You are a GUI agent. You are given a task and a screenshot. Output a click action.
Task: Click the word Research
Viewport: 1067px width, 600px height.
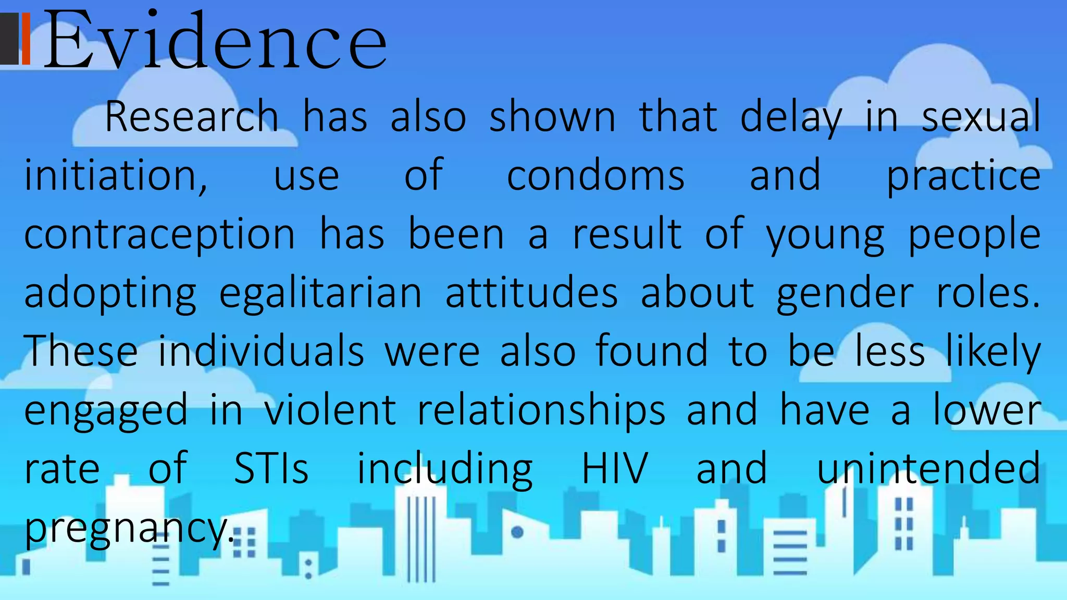coord(192,117)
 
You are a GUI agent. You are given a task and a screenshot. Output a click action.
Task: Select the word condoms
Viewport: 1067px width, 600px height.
coord(595,176)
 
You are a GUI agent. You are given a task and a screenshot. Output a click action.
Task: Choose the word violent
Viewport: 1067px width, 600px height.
coord(330,410)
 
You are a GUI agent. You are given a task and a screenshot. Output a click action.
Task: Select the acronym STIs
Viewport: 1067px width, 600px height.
coord(271,469)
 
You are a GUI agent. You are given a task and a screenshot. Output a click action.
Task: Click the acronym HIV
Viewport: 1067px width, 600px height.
coord(615,469)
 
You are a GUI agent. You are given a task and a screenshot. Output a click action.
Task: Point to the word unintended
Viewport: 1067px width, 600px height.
coord(928,469)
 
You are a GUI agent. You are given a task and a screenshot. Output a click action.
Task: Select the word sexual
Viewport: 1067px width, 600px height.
coord(981,117)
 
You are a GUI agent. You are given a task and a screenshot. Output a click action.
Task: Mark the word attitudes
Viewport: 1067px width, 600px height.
coord(531,293)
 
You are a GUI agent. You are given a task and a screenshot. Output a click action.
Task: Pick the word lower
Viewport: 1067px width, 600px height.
coord(987,410)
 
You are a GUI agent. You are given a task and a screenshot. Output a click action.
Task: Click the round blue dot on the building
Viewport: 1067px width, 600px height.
coord(517,532)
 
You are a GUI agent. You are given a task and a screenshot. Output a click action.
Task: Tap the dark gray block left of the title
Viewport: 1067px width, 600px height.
coord(9,40)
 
